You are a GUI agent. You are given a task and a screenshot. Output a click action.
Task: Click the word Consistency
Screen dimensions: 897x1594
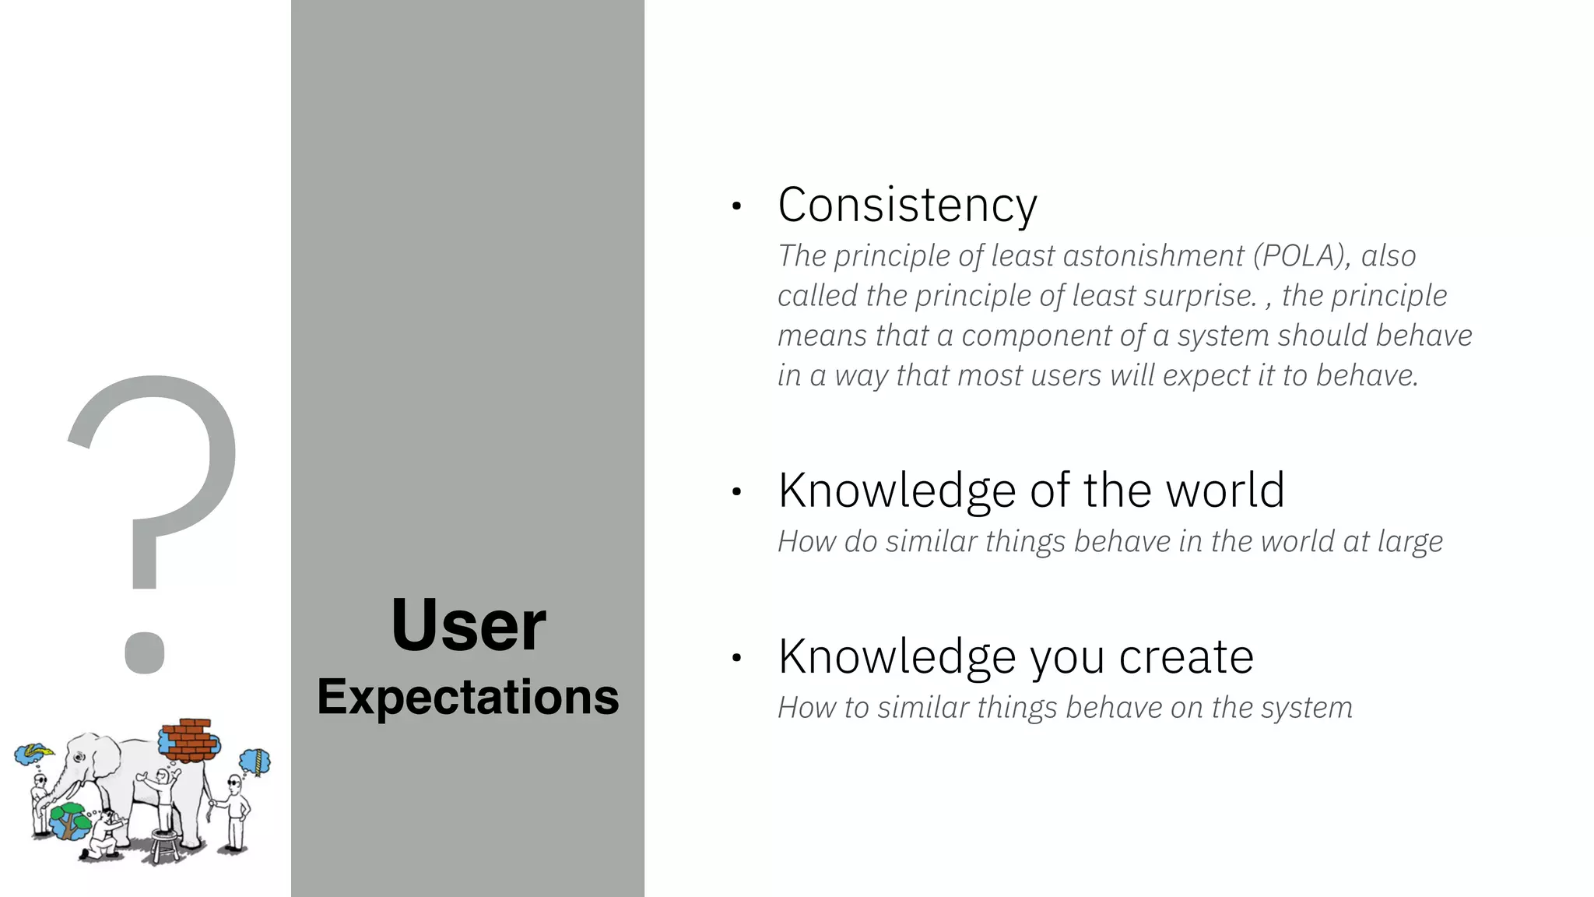click(907, 205)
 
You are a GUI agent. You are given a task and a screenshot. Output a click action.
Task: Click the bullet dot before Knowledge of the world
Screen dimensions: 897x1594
click(736, 492)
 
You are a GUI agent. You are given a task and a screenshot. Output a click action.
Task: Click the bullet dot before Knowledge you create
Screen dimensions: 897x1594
click(736, 659)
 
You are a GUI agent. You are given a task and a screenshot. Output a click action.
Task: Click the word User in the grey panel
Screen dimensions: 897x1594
click(469, 624)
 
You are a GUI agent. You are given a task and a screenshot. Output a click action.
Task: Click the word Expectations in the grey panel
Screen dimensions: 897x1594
click(468, 696)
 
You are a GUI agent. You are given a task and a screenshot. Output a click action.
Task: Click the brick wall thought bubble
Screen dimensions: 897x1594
click(189, 740)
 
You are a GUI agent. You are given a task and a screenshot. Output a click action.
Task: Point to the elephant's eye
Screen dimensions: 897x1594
click(78, 757)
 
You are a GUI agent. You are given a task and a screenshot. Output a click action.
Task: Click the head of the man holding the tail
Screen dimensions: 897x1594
click(234, 783)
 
